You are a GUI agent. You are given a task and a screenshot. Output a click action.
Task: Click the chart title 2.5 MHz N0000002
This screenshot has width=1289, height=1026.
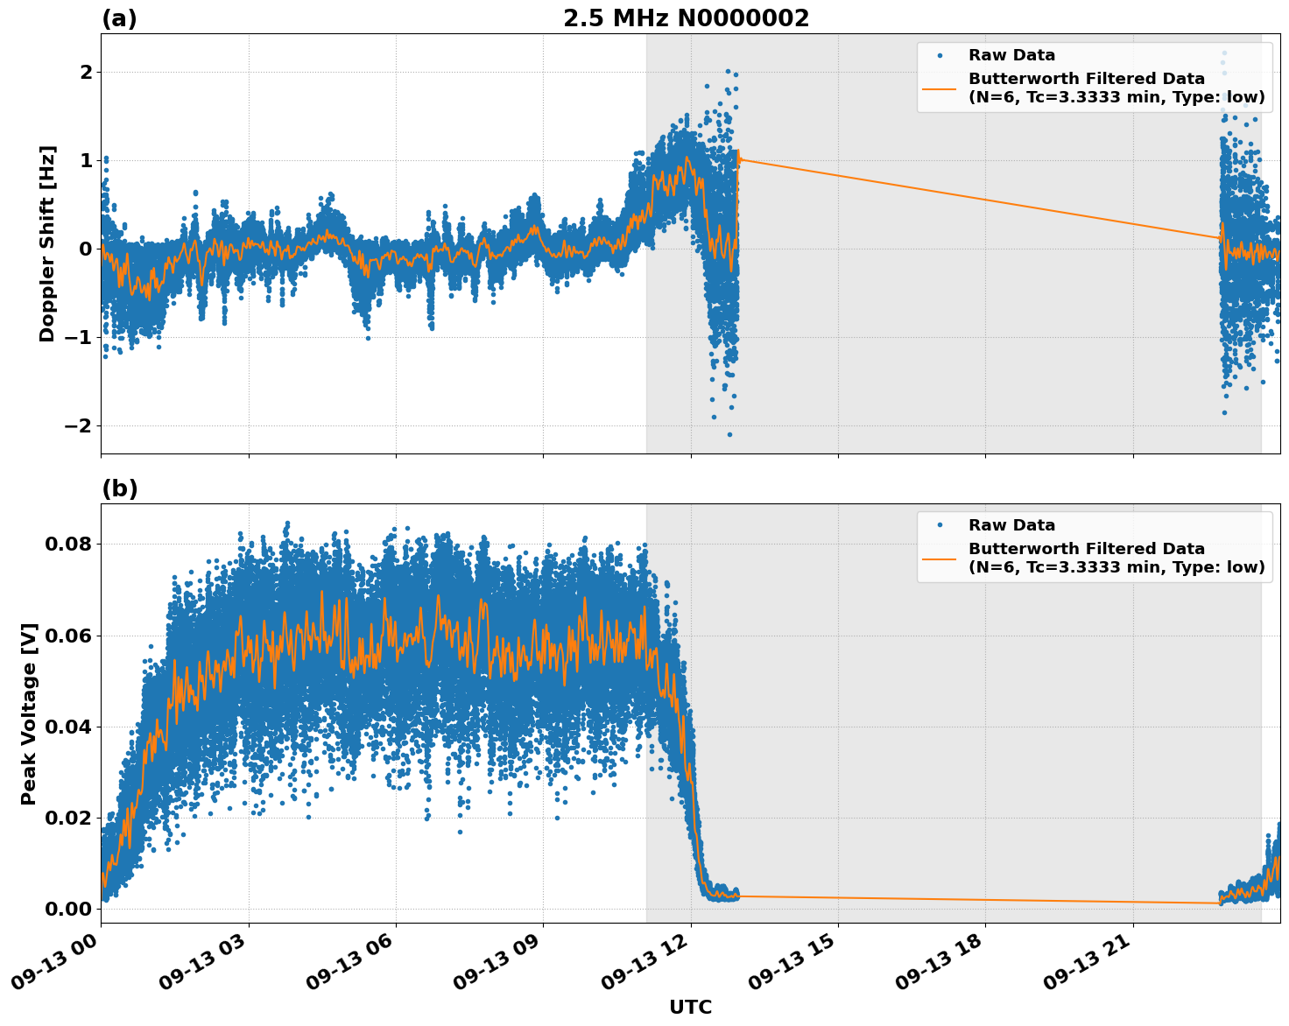[686, 18]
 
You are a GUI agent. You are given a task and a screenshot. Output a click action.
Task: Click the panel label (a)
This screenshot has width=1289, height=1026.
[119, 18]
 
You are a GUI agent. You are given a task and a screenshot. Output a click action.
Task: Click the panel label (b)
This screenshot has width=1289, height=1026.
[119, 488]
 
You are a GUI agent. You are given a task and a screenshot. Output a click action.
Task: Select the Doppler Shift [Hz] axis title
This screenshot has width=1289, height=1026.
[47, 243]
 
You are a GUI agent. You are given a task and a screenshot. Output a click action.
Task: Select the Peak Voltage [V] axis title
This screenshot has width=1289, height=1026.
[29, 713]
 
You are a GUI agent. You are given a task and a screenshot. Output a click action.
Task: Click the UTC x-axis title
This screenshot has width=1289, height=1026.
[690, 1007]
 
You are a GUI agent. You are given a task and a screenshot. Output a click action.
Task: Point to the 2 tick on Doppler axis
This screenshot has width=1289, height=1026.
[86, 72]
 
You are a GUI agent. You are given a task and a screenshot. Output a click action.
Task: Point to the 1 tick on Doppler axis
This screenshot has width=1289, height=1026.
[86, 160]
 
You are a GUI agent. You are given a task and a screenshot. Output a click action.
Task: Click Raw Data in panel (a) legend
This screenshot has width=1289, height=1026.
[1011, 55]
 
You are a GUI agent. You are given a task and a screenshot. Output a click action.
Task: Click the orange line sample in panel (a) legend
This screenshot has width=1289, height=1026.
[940, 88]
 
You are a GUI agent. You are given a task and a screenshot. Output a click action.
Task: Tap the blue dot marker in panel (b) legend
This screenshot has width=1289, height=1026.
[940, 525]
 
